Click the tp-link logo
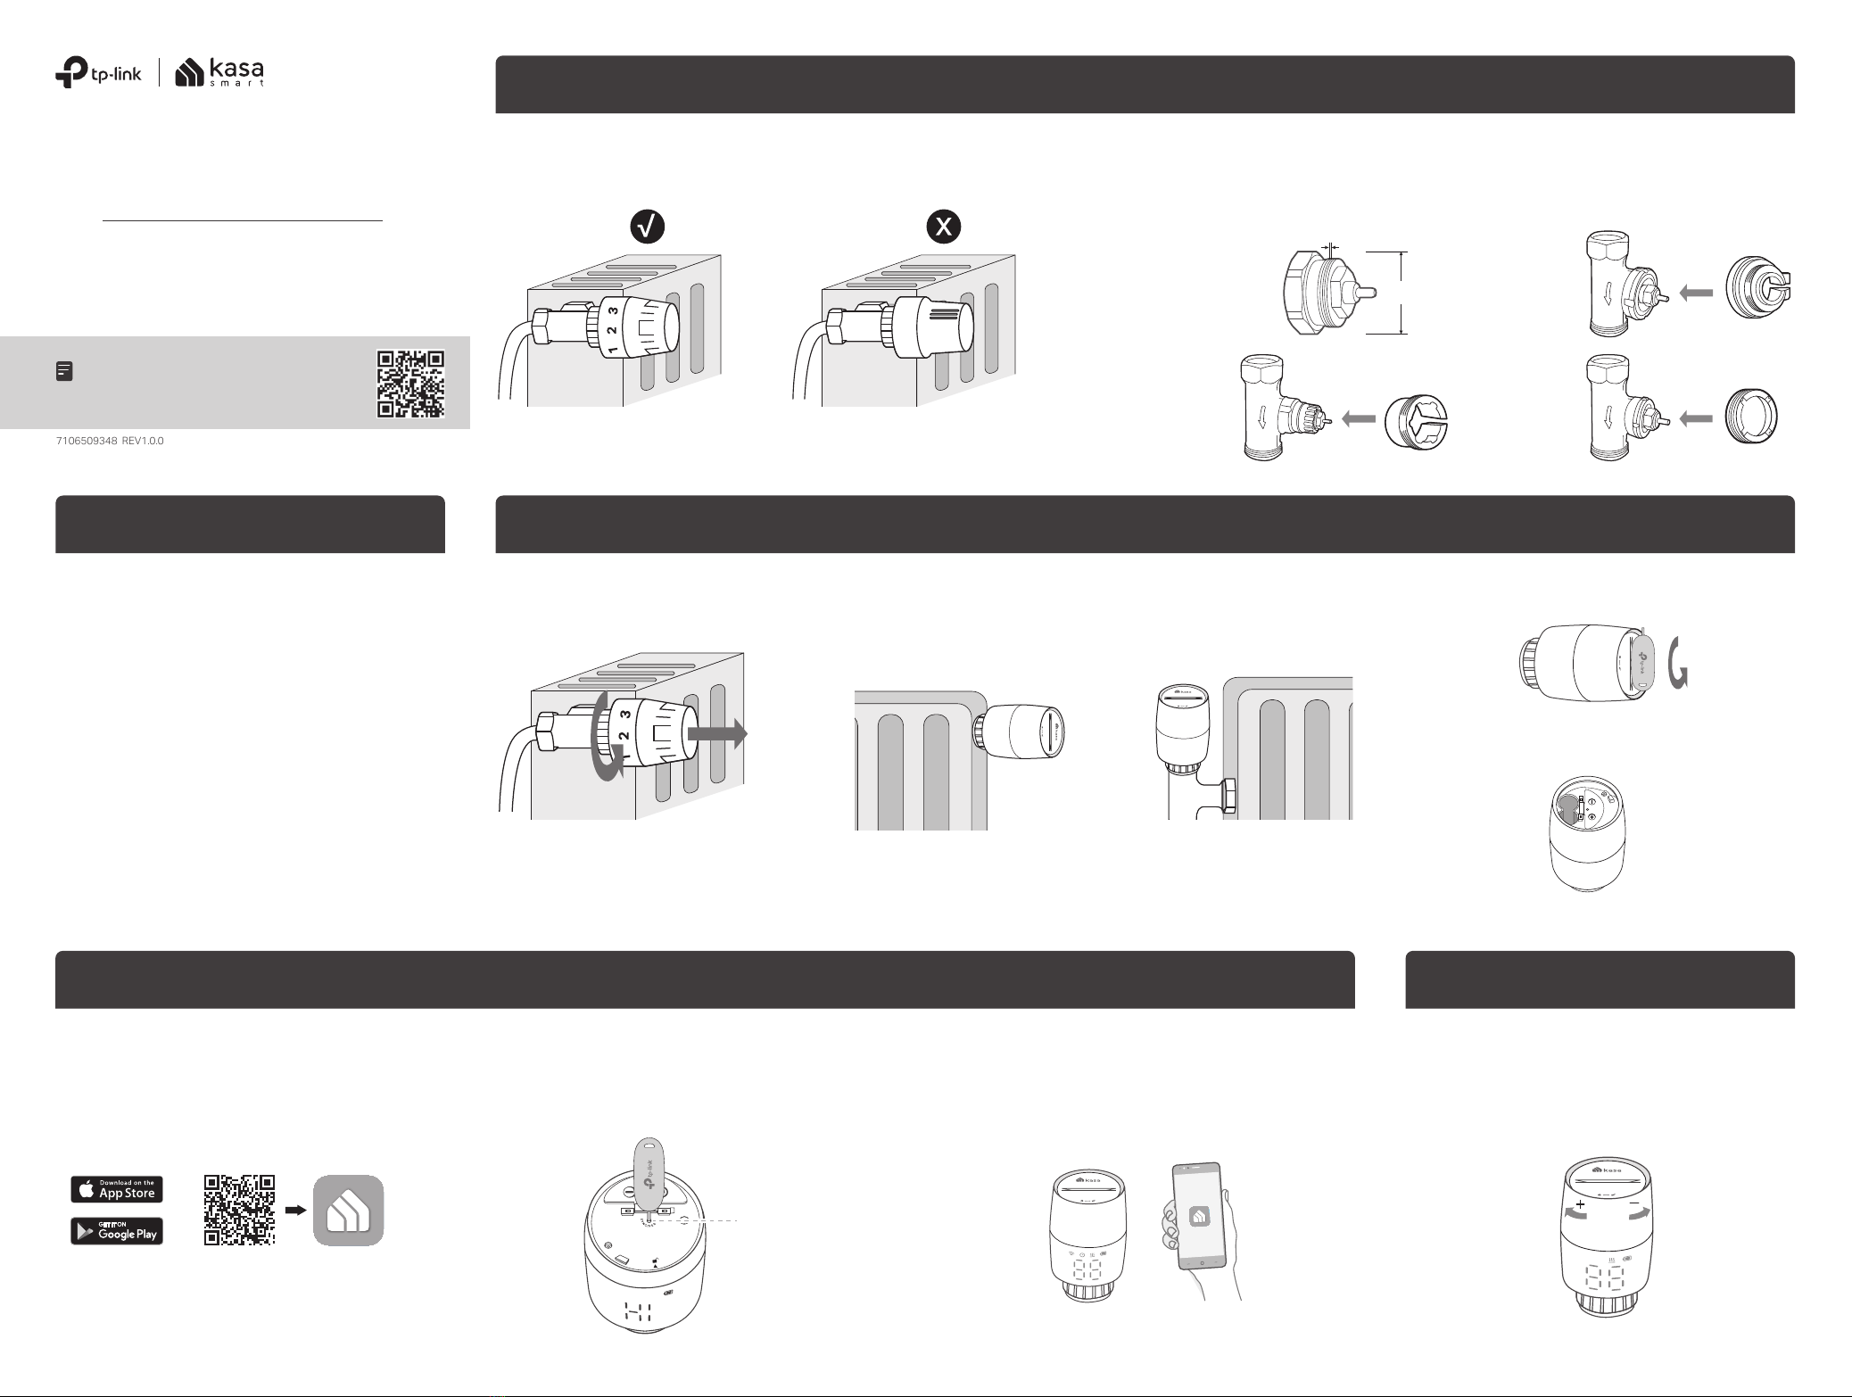pyautogui.click(x=98, y=74)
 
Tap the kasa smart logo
pyautogui.click(x=219, y=73)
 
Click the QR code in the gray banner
pyautogui.click(x=410, y=384)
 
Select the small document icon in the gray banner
pyautogui.click(x=64, y=371)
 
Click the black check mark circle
pyautogui.click(x=649, y=227)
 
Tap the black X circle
pyautogui.click(x=944, y=227)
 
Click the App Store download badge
pyautogui.click(x=117, y=1189)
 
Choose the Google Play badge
pyautogui.click(x=117, y=1231)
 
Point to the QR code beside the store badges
pyautogui.click(x=239, y=1210)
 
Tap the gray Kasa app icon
pyautogui.click(x=348, y=1211)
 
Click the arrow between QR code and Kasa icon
pyautogui.click(x=294, y=1211)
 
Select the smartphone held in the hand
pyautogui.click(x=1198, y=1215)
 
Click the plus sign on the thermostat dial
pyautogui.click(x=1580, y=1204)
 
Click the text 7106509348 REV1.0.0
pyautogui.click(x=110, y=442)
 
